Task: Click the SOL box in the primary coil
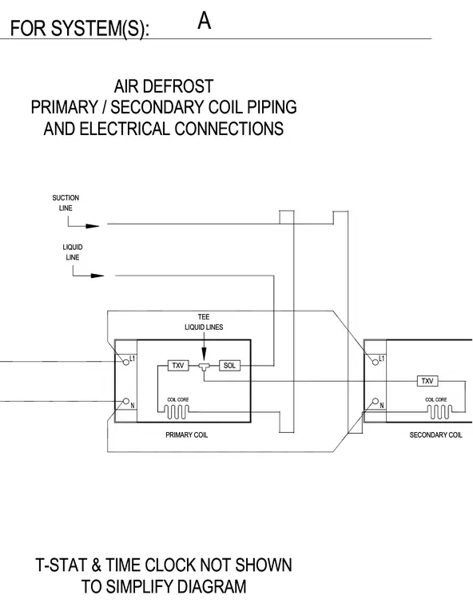(229, 366)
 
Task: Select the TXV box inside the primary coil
(178, 366)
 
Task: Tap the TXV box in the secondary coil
(427, 381)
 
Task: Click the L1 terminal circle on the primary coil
(125, 363)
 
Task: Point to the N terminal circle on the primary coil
(125, 401)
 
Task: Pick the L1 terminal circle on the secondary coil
(375, 363)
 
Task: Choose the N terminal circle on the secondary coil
(375, 401)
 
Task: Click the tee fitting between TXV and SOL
(204, 367)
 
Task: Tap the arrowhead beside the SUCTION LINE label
(92, 226)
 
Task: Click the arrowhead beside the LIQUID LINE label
(97, 276)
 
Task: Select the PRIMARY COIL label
(186, 434)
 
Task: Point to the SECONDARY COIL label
(435, 434)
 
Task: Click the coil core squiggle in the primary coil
(177, 412)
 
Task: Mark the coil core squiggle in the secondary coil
(439, 412)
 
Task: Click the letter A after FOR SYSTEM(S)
(205, 21)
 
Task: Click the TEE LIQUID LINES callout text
(204, 322)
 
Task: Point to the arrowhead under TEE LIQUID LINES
(204, 354)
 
